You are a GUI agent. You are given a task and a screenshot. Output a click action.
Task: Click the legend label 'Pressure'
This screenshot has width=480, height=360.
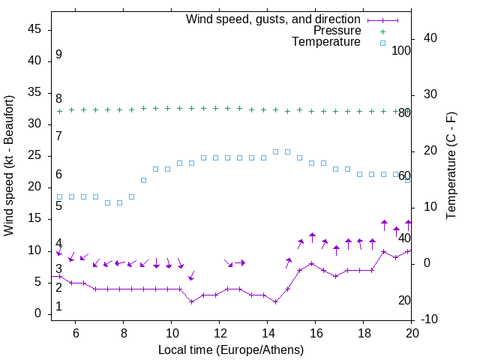coord(337,31)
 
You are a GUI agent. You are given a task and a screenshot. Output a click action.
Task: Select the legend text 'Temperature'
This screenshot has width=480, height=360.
coord(326,42)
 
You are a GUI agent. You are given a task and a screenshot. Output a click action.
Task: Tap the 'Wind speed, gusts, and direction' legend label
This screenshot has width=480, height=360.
coord(274,19)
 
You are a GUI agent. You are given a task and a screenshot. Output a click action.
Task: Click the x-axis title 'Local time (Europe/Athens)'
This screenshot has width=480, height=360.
coord(231,349)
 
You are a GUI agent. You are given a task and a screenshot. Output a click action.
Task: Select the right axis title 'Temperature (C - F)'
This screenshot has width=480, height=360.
coord(451,166)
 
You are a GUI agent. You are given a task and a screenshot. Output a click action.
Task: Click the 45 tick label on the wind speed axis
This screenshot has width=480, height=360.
coord(34,29)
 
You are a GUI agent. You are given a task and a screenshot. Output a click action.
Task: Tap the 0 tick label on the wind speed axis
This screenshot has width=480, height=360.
coord(37,313)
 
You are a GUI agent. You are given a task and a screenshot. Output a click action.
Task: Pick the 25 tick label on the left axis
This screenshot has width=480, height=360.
coord(34,156)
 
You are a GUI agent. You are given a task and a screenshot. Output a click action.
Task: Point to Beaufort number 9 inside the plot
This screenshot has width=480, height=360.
coord(58,55)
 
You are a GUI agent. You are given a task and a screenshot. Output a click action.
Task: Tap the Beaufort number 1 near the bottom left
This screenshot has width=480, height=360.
coord(58,307)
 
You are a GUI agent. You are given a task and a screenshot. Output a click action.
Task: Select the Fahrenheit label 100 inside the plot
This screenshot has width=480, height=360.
coord(401,50)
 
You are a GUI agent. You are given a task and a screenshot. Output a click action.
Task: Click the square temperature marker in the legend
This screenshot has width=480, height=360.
coord(382,43)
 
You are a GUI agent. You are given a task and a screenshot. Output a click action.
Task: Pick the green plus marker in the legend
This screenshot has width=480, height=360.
coord(382,31)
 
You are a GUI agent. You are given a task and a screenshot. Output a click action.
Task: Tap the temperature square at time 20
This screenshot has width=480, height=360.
coord(408,180)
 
